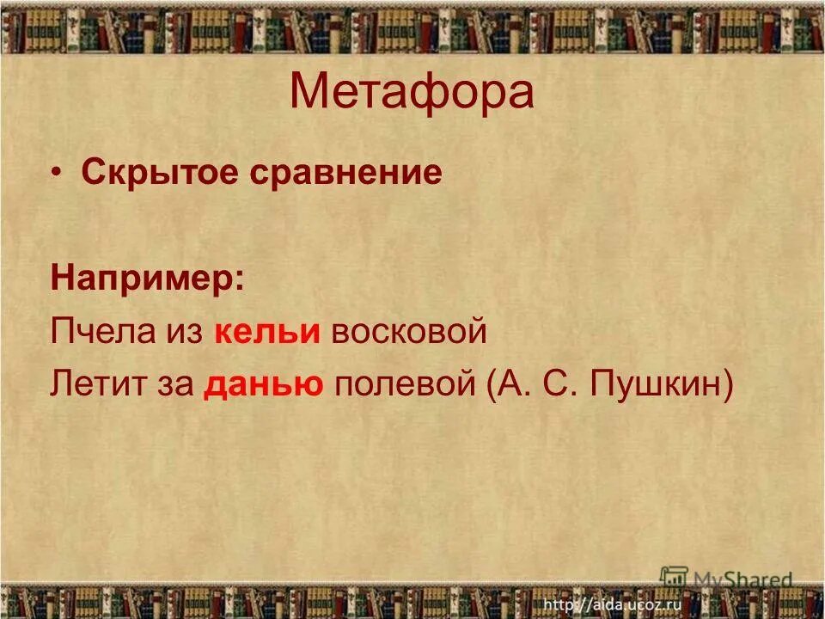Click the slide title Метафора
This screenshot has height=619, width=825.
(412, 93)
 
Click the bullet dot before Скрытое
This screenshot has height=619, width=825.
(56, 174)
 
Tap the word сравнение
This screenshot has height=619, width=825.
(347, 174)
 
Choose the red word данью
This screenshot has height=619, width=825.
(263, 384)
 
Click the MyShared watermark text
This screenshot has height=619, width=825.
(742, 580)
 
